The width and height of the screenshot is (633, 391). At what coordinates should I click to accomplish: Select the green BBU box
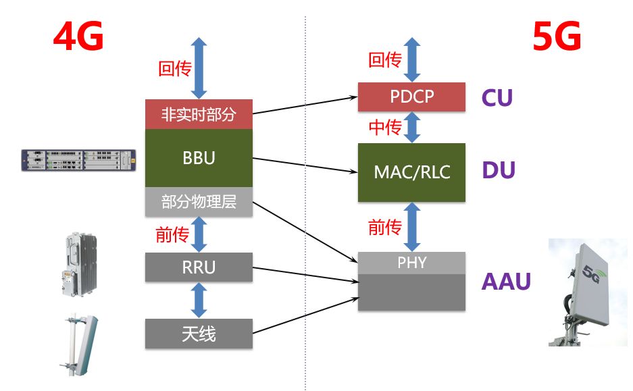click(199, 158)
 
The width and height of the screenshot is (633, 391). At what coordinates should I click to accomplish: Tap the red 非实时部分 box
click(199, 114)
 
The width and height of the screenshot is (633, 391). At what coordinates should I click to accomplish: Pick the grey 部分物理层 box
click(199, 202)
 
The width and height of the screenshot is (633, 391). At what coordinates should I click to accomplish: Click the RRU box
click(199, 267)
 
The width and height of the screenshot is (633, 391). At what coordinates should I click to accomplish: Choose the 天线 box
click(199, 334)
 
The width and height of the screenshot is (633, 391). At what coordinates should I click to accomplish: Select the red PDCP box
click(411, 97)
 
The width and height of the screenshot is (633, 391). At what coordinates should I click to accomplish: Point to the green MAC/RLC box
click(411, 172)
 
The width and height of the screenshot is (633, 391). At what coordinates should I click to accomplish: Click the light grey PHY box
click(411, 263)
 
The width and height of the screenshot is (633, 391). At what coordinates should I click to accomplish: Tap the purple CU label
click(497, 98)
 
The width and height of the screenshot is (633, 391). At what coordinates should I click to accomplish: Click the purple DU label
click(499, 171)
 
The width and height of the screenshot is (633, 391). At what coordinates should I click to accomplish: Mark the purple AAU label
click(506, 281)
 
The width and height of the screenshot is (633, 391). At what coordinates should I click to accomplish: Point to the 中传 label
click(384, 127)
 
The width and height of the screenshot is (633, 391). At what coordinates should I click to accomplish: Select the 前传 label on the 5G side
click(384, 228)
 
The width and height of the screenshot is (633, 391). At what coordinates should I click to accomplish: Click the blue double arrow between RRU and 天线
click(199, 301)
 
